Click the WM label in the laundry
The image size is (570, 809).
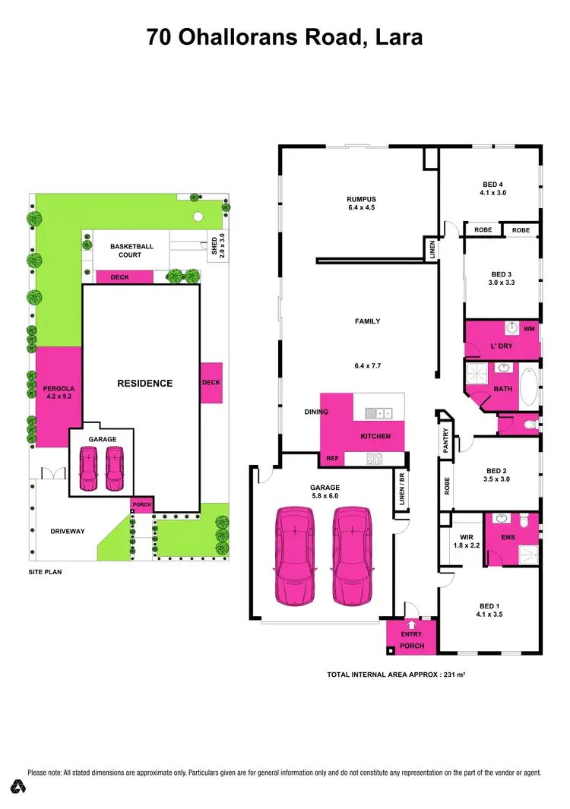point(529,330)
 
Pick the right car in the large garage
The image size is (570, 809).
point(351,555)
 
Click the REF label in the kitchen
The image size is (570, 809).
point(332,459)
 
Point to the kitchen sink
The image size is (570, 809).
point(378,414)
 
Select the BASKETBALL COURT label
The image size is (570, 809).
point(131,251)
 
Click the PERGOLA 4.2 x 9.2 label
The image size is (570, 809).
point(59,392)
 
